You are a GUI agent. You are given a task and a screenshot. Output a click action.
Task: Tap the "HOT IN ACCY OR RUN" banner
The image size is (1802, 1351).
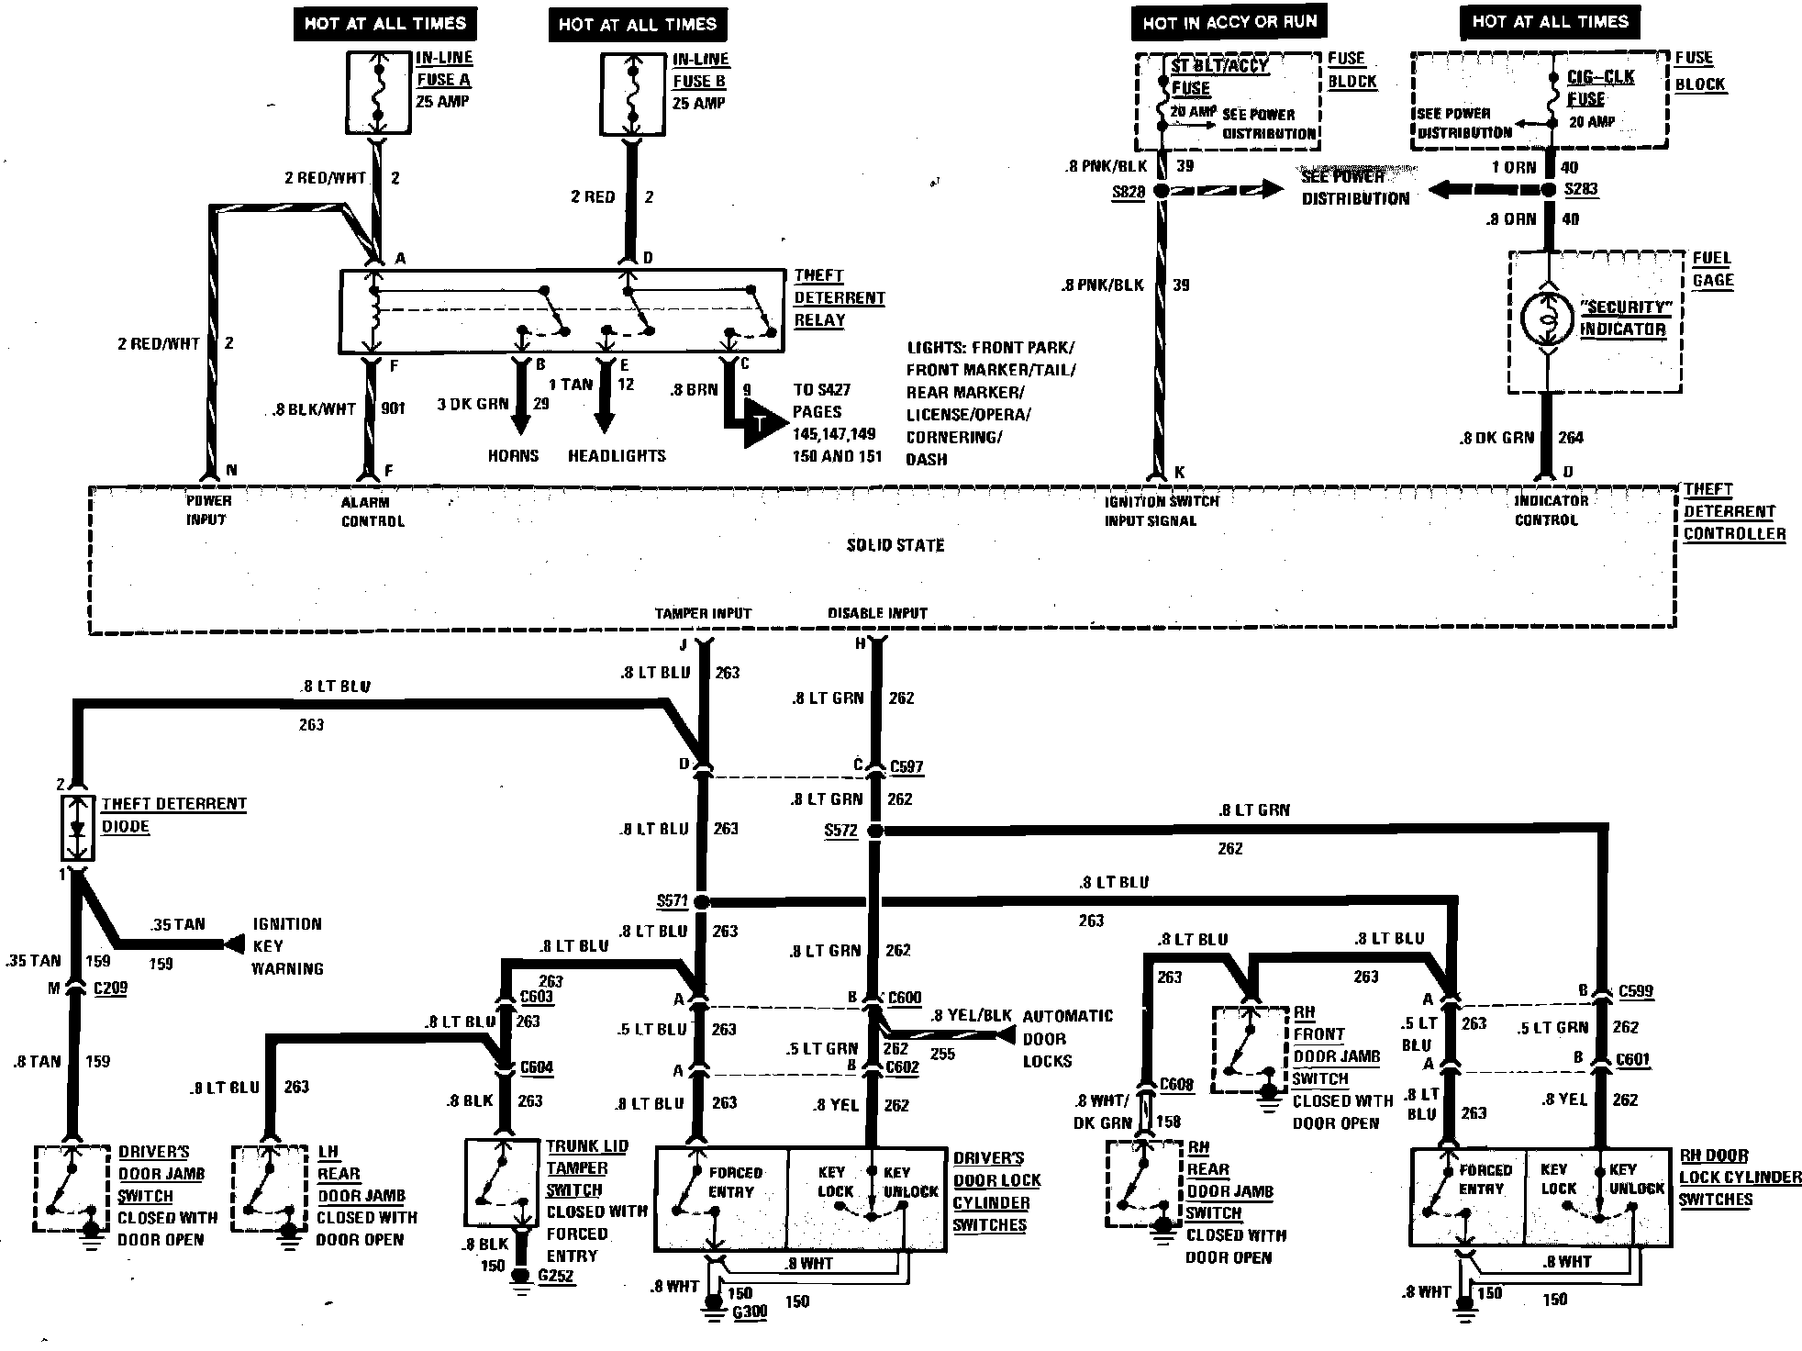pos(1229,23)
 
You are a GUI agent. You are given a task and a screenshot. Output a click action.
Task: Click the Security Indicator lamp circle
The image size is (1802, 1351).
pos(1547,318)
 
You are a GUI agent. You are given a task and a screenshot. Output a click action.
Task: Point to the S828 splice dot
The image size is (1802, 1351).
pos(1161,191)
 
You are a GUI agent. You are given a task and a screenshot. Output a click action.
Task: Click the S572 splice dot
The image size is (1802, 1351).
pos(874,831)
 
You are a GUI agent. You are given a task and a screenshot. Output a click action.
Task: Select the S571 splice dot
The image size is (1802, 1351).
pos(701,901)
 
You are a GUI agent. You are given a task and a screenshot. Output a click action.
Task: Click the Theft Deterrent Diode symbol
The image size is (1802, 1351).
pos(77,829)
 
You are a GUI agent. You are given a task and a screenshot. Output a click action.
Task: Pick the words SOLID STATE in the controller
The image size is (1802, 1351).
pos(895,545)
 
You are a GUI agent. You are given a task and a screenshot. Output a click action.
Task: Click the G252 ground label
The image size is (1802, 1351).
pos(556,1276)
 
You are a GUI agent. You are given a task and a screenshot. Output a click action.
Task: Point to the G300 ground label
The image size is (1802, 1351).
pos(749,1312)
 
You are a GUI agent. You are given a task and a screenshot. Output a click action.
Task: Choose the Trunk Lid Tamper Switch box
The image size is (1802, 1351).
pos(501,1182)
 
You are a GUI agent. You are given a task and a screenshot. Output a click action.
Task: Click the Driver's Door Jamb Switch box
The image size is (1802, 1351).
pos(70,1188)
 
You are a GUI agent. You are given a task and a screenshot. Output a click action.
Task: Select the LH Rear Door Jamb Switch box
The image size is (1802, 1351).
pos(269,1188)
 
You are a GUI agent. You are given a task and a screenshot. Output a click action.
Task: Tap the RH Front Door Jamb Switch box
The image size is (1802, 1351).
pos(1250,1049)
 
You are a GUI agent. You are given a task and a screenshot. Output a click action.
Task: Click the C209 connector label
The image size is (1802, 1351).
pos(110,988)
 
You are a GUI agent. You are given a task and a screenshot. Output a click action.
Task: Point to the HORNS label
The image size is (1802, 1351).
pos(513,455)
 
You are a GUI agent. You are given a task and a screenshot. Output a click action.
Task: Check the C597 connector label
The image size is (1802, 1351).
pos(907,767)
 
